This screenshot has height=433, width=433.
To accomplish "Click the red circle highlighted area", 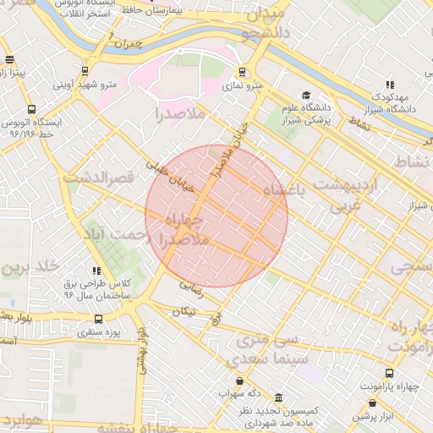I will (216, 216).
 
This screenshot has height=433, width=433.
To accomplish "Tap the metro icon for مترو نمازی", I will (243, 72).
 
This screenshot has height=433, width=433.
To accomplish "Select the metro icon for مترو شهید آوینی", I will (84, 71).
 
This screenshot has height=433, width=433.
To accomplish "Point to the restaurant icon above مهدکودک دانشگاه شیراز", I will (389, 85).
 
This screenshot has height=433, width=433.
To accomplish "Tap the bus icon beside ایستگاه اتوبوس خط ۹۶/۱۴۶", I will (31, 109).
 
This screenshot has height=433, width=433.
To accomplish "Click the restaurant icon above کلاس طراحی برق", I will (96, 271).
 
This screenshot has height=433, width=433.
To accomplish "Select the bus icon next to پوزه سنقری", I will (99, 319).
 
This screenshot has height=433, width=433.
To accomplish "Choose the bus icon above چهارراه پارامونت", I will (390, 373).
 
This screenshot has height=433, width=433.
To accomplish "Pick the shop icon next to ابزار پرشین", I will (373, 403).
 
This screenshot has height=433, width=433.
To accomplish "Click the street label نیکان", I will (184, 312).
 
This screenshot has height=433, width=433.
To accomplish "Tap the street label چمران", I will (129, 41).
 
